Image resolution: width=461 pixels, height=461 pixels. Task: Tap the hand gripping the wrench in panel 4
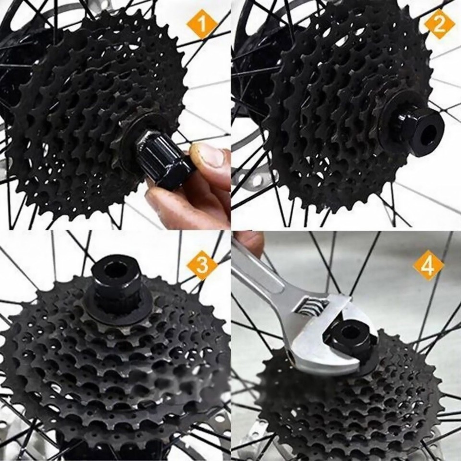[249, 241]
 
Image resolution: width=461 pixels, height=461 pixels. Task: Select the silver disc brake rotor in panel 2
[255, 178]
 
